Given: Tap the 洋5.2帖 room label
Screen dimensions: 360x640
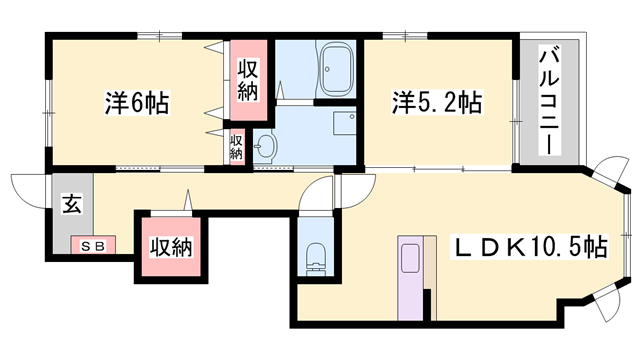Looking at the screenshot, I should pyautogui.click(x=437, y=102).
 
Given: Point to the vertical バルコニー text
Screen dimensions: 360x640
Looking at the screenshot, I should pyautogui.click(x=547, y=101).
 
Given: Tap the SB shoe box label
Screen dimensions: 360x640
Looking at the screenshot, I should pyautogui.click(x=92, y=244).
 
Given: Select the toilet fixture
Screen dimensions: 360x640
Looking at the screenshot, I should pyautogui.click(x=313, y=257).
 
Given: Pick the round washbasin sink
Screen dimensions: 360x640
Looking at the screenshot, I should pyautogui.click(x=265, y=149).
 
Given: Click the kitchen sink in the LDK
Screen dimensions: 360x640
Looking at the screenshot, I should pyautogui.click(x=410, y=262).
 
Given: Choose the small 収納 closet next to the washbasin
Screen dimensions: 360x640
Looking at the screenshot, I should pyautogui.click(x=237, y=146).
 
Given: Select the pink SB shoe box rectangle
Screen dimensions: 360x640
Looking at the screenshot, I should pyautogui.click(x=92, y=244).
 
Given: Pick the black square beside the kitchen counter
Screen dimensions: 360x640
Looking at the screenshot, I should pyautogui.click(x=429, y=297).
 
